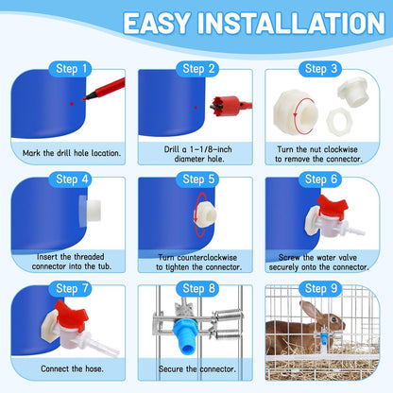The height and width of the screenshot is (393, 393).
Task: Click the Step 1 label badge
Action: click(x=73, y=69)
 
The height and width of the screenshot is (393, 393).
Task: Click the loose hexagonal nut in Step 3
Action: click(x=328, y=124)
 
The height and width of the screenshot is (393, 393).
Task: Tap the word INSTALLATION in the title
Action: click(x=294, y=25)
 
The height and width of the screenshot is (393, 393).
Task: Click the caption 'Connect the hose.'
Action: click(x=72, y=375)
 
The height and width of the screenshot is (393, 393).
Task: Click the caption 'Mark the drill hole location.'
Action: click(x=72, y=151)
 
